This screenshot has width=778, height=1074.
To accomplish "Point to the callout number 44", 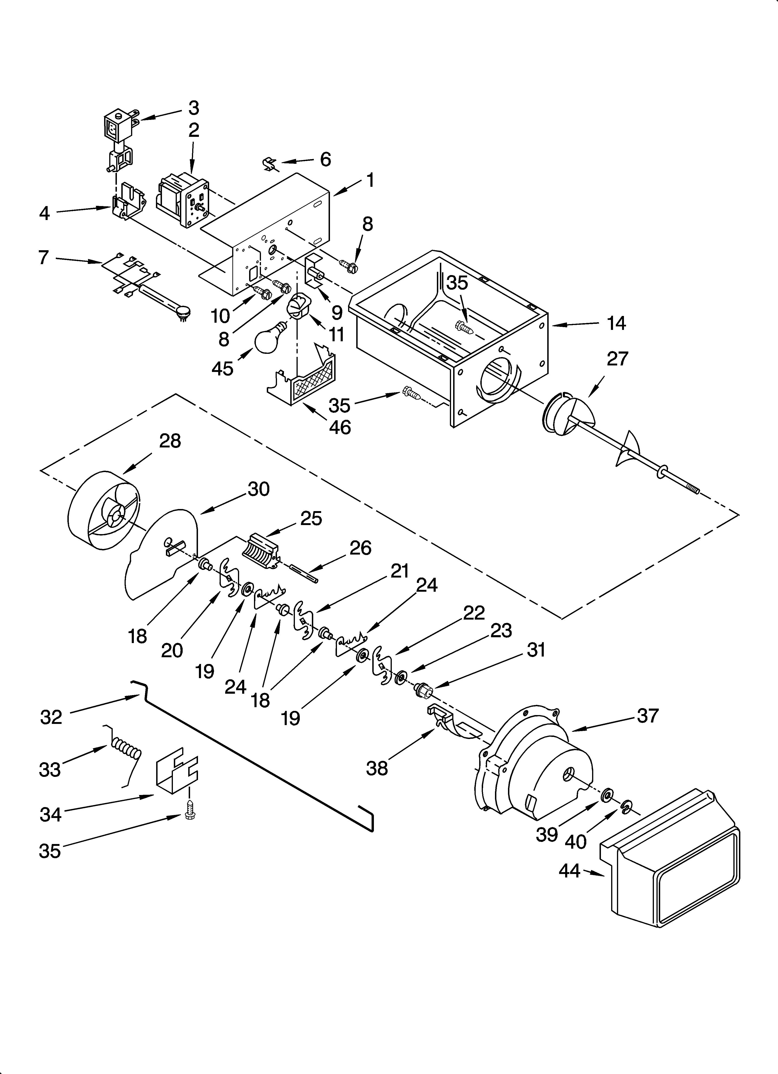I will (569, 870).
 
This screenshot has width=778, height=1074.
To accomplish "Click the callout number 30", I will (258, 489).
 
